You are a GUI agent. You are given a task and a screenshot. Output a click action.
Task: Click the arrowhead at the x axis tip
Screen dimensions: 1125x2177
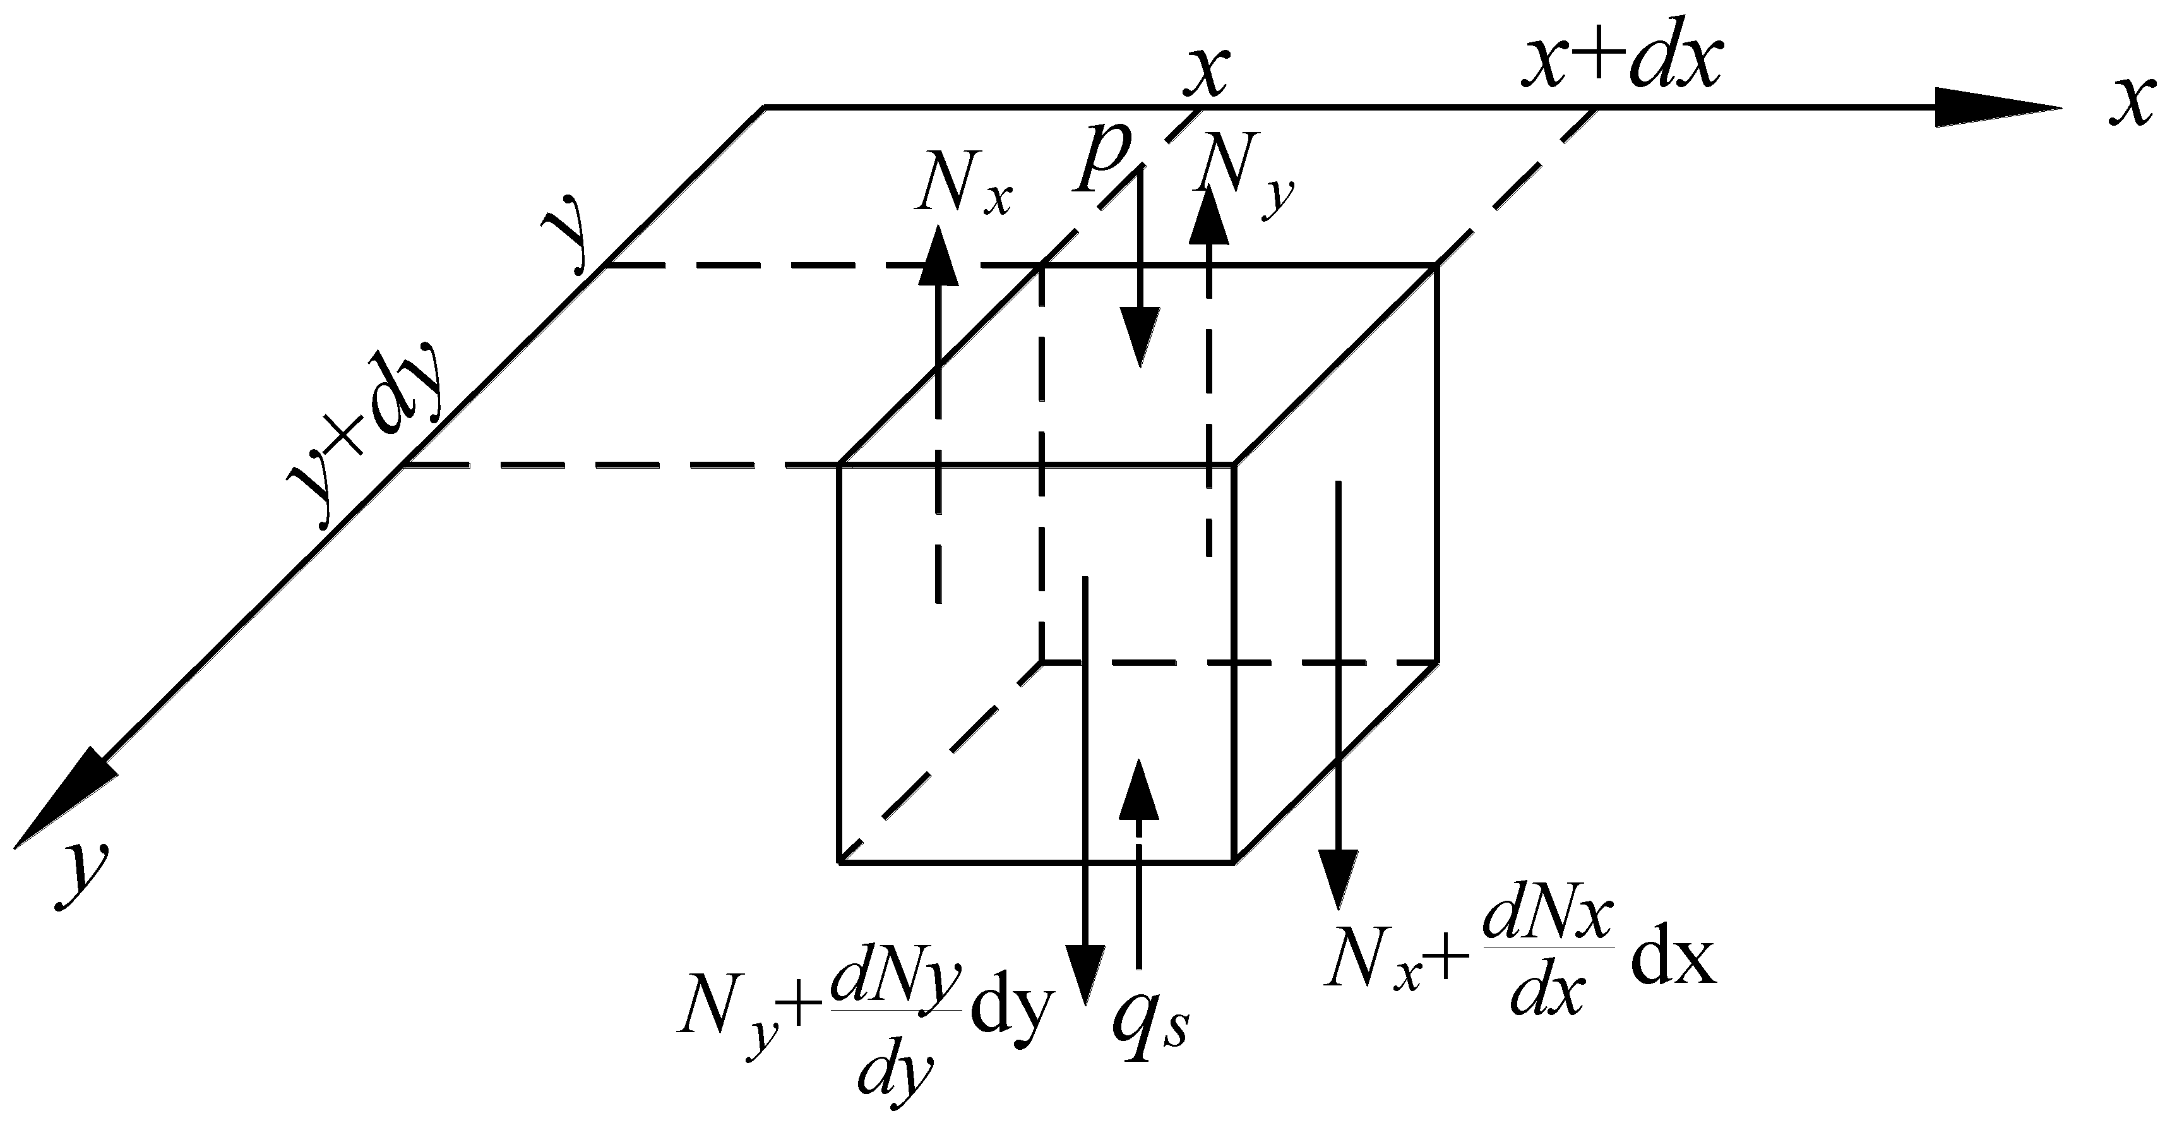(1995, 107)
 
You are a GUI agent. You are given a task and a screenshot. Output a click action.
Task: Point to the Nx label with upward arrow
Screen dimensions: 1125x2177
(963, 183)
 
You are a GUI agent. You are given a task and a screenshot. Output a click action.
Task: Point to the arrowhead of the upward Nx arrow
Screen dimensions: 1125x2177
(938, 253)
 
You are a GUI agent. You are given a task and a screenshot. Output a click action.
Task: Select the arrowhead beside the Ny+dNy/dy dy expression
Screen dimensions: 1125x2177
(1084, 972)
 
